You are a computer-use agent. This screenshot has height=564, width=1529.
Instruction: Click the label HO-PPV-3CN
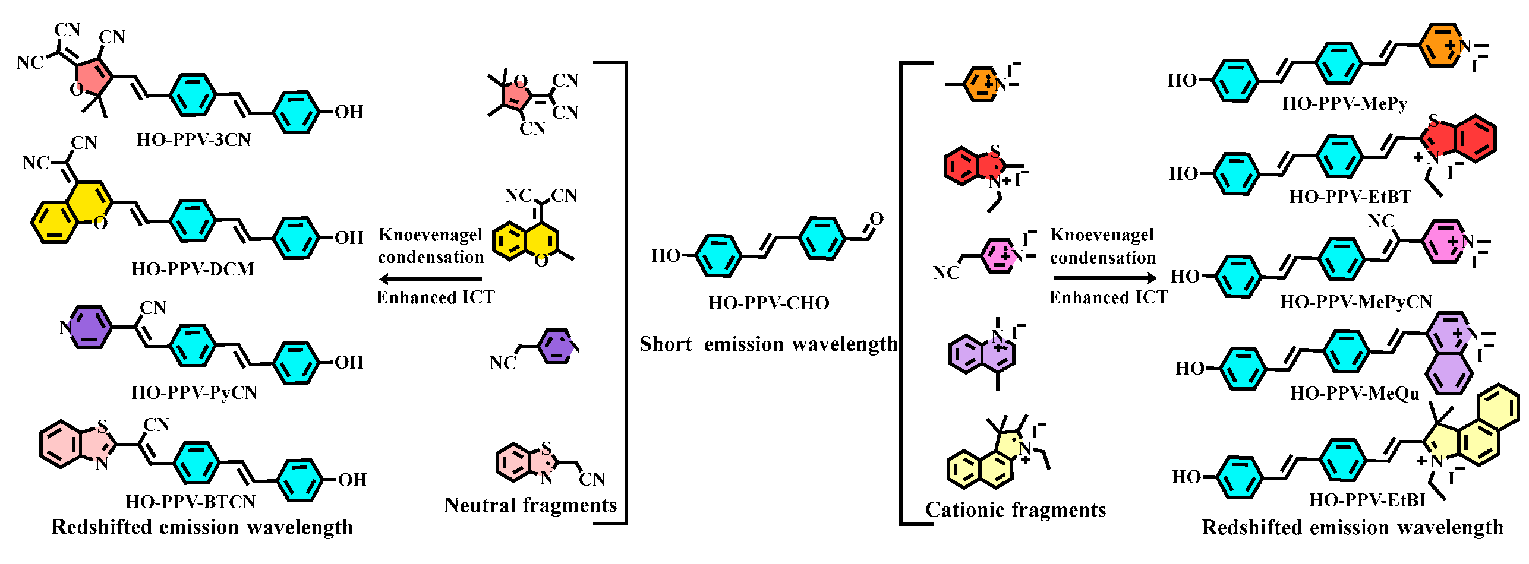pyautogui.click(x=194, y=140)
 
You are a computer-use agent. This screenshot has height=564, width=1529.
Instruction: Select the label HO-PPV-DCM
pyautogui.click(x=193, y=270)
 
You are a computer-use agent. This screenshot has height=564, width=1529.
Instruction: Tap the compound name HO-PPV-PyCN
pyautogui.click(x=194, y=393)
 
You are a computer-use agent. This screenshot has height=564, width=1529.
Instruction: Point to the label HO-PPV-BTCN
pyautogui.click(x=190, y=502)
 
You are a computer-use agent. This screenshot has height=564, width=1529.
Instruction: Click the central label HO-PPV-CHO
pyautogui.click(x=768, y=303)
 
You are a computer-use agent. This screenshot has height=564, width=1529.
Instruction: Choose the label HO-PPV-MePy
pyautogui.click(x=1345, y=104)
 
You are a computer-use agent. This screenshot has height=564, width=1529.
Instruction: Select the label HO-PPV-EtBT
pyautogui.click(x=1350, y=197)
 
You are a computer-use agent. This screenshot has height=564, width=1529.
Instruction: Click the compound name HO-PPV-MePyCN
pyautogui.click(x=1356, y=302)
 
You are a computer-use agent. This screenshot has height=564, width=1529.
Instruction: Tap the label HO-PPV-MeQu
pyautogui.click(x=1355, y=394)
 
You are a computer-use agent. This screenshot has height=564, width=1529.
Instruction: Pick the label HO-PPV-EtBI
pyautogui.click(x=1367, y=500)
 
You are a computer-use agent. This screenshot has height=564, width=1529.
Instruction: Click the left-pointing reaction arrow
pyautogui.click(x=430, y=278)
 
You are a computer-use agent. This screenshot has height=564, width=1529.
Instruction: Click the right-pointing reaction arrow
pyautogui.click(x=1105, y=278)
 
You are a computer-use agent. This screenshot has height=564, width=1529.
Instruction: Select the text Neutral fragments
pyautogui.click(x=531, y=505)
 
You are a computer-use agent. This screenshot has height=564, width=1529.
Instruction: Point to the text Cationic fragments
pyautogui.click(x=1016, y=510)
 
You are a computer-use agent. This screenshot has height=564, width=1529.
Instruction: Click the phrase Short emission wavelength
pyautogui.click(x=768, y=344)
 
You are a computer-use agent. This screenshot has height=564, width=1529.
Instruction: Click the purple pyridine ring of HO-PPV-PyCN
pyautogui.click(x=90, y=327)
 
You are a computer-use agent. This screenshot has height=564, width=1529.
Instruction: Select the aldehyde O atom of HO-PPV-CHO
pyautogui.click(x=877, y=219)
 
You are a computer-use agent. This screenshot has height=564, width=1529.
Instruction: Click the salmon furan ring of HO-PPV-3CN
pyautogui.click(x=92, y=77)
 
